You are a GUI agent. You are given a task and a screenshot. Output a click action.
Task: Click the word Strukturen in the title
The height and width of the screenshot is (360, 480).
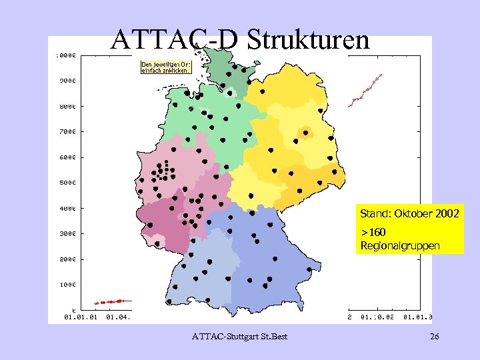(x=308, y=40)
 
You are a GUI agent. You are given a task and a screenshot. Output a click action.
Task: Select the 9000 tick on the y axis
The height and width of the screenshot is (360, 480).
(x=65, y=81)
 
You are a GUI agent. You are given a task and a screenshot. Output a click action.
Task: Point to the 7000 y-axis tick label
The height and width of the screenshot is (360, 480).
(x=65, y=132)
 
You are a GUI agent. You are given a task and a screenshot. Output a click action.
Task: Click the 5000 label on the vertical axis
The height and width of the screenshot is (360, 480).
(x=65, y=183)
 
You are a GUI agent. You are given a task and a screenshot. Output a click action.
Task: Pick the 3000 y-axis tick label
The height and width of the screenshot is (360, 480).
(x=65, y=234)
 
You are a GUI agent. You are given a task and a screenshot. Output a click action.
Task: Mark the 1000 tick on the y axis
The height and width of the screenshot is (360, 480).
(x=65, y=285)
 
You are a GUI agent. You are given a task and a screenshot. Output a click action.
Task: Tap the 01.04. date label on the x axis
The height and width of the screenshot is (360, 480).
(x=118, y=317)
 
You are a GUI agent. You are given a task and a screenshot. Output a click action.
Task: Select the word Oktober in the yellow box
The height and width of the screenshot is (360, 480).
(x=414, y=215)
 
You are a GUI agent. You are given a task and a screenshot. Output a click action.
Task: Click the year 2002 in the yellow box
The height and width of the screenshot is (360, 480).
(x=447, y=215)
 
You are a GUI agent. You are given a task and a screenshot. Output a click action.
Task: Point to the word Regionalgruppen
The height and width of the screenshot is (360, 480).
(x=400, y=246)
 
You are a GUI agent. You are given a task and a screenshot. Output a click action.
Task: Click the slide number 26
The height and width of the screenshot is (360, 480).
(x=434, y=337)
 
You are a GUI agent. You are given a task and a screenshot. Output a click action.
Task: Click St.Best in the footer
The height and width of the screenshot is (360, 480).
(x=273, y=337)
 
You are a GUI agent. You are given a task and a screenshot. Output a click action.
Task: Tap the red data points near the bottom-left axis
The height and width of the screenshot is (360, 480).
(x=111, y=302)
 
